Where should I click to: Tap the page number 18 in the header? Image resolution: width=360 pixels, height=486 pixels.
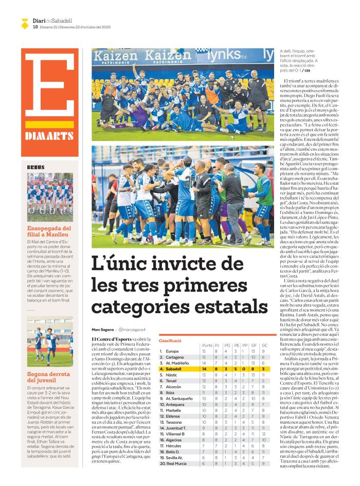[x=34, y=27]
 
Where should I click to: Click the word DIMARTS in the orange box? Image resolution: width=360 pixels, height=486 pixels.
[x=49, y=136]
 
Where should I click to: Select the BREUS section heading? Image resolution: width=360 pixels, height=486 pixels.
[x=36, y=167]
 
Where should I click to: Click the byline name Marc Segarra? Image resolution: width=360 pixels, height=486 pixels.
[x=102, y=329]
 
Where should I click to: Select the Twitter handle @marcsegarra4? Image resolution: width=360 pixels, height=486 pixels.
[x=132, y=329]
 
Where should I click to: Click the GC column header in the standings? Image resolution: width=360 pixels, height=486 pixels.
[x=264, y=346]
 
